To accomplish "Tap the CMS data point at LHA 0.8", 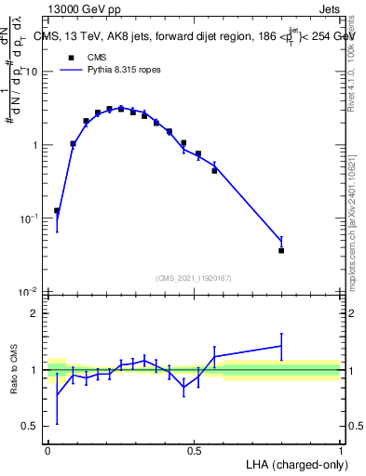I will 281,250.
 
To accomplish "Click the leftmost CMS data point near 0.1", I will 58,211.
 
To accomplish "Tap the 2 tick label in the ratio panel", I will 35,313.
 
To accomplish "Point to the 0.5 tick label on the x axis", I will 194,451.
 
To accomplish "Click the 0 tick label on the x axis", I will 47,451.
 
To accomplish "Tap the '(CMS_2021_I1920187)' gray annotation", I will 194,277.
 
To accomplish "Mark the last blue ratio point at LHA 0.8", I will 281,346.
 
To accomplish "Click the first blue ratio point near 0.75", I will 58,394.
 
